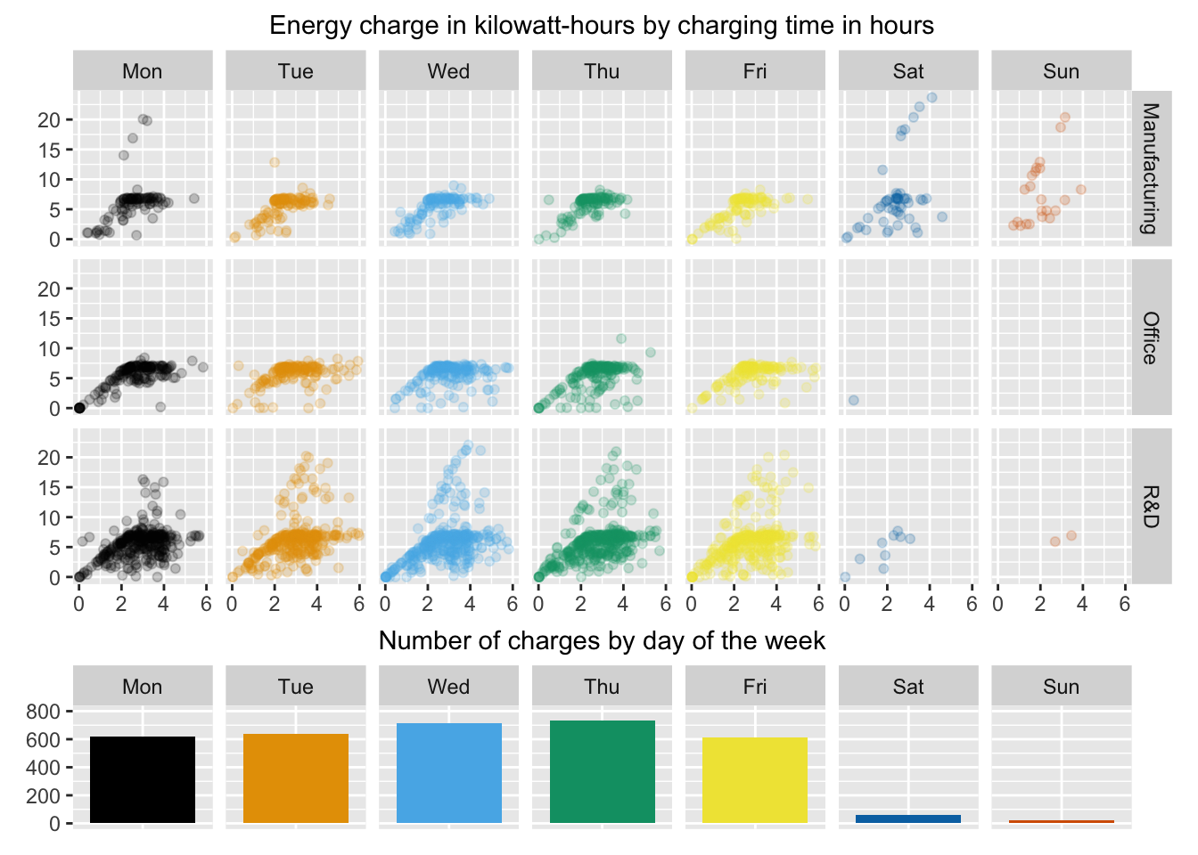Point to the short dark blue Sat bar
tap(908, 818)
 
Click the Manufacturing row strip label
tap(1151, 167)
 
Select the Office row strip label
tap(1151, 338)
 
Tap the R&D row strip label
tap(1151, 506)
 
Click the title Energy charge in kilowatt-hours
tap(602, 25)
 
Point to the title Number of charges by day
tap(602, 640)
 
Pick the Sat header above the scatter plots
tap(908, 71)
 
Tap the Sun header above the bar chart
tap(1061, 687)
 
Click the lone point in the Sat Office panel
tap(853, 400)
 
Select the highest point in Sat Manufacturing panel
tap(931, 98)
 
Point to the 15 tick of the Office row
tap(49, 318)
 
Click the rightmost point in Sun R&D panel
tap(1071, 535)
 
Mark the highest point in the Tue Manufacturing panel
tap(275, 162)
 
